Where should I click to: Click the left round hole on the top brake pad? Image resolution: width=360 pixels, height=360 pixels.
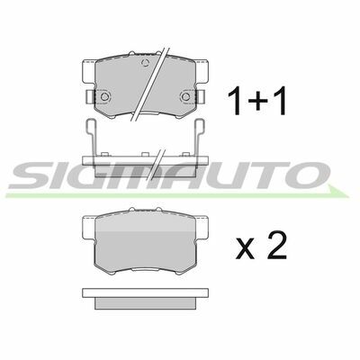[x=104, y=96]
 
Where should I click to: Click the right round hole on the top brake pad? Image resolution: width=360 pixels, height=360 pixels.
[x=186, y=96]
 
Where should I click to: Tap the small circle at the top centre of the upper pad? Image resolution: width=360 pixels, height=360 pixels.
[x=145, y=63]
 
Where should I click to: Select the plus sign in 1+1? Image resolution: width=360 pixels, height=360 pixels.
[x=258, y=103]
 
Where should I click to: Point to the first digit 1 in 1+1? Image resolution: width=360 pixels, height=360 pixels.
[x=236, y=103]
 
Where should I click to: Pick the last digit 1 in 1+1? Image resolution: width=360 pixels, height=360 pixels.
[x=281, y=103]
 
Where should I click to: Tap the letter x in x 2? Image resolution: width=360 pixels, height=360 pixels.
[x=245, y=249]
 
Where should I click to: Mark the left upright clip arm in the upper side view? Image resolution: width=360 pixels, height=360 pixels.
[x=91, y=138]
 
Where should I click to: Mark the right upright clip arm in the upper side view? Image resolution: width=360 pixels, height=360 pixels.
[x=200, y=138]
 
